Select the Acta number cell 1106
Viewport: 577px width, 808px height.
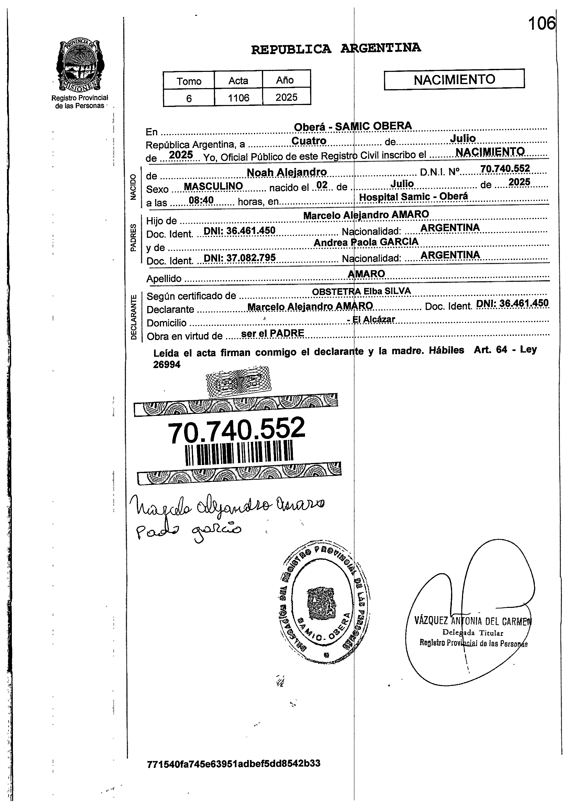click(x=238, y=98)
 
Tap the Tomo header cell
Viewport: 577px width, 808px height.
click(x=189, y=81)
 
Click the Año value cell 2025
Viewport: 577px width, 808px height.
click(x=286, y=97)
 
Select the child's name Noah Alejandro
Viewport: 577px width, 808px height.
click(x=287, y=172)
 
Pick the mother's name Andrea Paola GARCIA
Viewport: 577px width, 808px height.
click(x=366, y=242)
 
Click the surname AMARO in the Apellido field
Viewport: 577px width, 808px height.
click(x=366, y=274)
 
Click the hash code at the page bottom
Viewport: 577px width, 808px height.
click(x=233, y=764)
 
